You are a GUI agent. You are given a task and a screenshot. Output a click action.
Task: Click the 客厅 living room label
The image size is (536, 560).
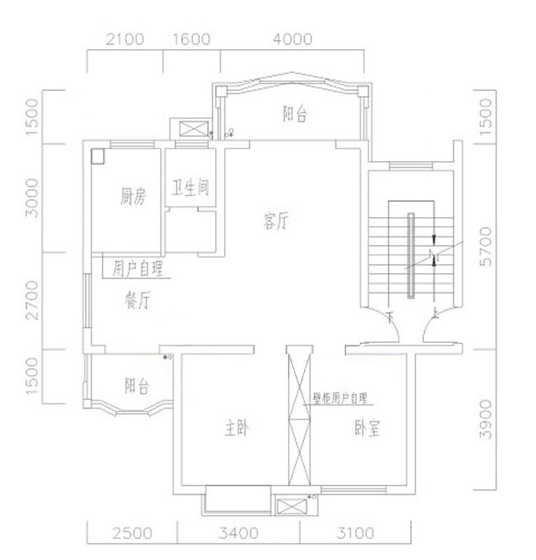(276, 222)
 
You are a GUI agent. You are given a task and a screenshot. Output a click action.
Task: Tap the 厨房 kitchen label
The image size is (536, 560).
(132, 197)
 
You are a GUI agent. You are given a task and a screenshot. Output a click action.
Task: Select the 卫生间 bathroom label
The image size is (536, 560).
(191, 188)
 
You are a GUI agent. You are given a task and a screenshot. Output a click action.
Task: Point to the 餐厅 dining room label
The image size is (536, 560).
(137, 301)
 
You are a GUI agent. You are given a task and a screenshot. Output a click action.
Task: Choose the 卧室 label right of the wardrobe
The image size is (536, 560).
(366, 428)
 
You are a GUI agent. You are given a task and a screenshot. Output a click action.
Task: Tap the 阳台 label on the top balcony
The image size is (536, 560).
(295, 114)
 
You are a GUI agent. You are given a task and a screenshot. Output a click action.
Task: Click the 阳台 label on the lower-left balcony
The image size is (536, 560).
(137, 385)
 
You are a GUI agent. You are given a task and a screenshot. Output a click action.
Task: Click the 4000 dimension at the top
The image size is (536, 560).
(294, 39)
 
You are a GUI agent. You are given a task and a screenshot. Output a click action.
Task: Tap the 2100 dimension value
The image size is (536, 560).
(125, 39)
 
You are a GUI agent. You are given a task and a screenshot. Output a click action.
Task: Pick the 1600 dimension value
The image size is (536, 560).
(191, 39)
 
